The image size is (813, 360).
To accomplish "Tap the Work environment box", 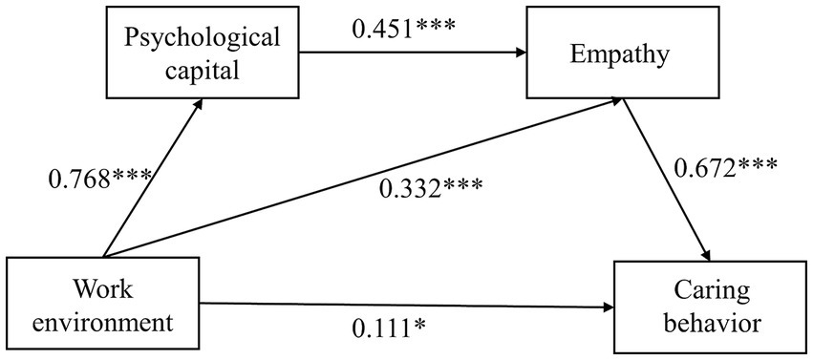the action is tap(105, 304).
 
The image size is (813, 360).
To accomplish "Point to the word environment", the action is tap(105, 321).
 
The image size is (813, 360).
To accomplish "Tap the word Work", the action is tap(105, 286).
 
